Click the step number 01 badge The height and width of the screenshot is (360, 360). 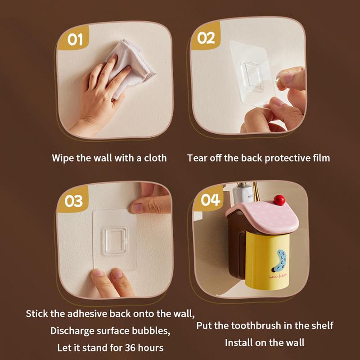point(75,40)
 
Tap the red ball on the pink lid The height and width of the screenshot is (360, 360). point(279,199)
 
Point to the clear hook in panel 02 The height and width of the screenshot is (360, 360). point(252,76)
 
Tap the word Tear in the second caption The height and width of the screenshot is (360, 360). point(196,158)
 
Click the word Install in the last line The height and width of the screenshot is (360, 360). point(239,342)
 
